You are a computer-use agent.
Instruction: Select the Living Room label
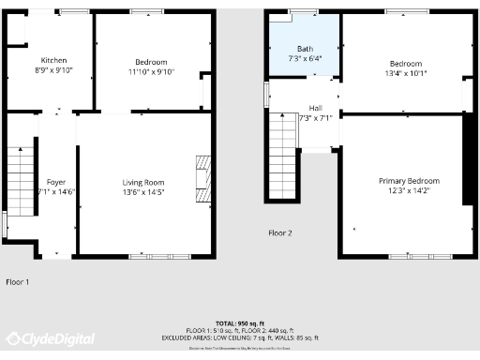coord(143,182)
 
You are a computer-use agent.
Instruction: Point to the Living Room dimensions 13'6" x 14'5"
coord(143,192)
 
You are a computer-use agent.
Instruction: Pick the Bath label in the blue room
coord(306,49)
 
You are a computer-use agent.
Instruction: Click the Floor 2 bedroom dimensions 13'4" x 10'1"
coord(406,73)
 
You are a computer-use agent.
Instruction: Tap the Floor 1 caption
coord(17,281)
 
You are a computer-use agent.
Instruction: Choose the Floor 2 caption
coord(280,232)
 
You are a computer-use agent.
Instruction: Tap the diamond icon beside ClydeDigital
coord(13,339)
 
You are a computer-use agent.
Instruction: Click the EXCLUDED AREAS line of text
coord(239,337)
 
